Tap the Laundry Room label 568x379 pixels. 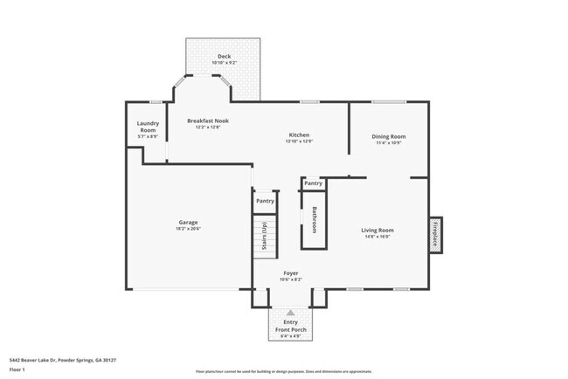tap(148, 127)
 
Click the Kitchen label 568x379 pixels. tap(300, 134)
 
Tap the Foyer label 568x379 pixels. tap(290, 273)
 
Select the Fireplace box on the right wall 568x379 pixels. tap(434, 234)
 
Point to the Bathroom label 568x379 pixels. tap(315, 219)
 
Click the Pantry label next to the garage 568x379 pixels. tap(265, 201)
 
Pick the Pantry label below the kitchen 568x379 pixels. tap(313, 183)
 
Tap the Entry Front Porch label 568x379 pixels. tap(290, 326)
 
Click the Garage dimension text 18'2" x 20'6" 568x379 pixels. tap(188, 229)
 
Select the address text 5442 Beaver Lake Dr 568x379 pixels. tap(62, 359)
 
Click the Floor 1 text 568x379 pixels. tap(17, 369)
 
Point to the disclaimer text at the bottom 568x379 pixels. tap(283, 373)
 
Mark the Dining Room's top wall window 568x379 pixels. tap(388, 102)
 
